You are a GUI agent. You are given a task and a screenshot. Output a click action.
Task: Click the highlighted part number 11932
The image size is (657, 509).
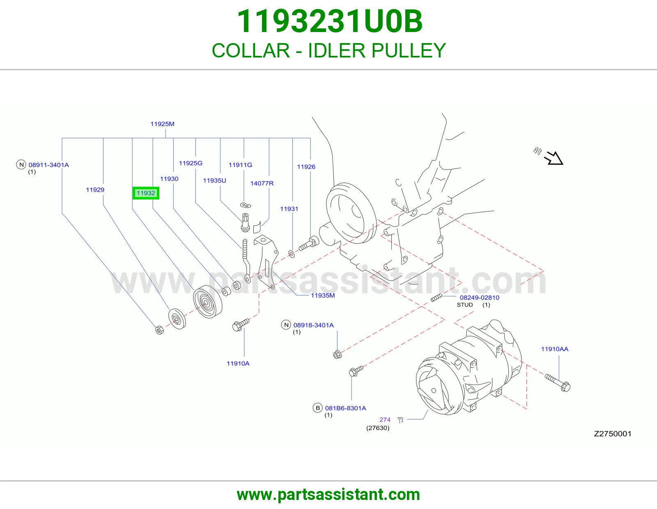tap(146, 193)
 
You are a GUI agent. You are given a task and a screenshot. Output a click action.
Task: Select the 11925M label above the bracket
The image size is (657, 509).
tap(162, 124)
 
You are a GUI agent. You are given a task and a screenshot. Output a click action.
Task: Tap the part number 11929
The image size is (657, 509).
tap(95, 190)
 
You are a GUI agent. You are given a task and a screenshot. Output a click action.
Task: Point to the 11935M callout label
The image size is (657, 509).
tap(323, 296)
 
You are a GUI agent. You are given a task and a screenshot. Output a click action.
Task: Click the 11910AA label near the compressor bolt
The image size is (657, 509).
tap(554, 349)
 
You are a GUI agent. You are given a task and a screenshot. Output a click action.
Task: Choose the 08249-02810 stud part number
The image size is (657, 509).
tap(480, 298)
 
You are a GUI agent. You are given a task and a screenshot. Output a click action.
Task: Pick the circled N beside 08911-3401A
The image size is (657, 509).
tap(21, 165)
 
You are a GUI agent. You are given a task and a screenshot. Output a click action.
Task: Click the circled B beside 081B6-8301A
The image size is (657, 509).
tap(317, 408)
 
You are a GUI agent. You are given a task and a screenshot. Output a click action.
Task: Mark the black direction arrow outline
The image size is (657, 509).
tap(554, 158)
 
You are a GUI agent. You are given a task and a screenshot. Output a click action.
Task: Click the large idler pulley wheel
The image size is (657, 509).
tap(207, 301)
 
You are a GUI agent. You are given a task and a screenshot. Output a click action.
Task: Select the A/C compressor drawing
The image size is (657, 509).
tap(469, 367)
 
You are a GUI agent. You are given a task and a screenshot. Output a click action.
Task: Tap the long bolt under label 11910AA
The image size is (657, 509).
tap(558, 383)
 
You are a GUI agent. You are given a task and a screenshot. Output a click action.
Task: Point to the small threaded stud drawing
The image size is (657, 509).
tap(436, 298)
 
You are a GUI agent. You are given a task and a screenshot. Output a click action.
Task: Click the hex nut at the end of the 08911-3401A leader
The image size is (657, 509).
tap(159, 330)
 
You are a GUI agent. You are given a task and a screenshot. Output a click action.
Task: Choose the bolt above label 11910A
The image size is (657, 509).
tap(241, 325)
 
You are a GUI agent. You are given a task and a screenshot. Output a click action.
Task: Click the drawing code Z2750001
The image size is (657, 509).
tap(613, 434)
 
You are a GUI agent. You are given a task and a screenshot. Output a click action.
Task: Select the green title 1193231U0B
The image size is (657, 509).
tap(330, 21)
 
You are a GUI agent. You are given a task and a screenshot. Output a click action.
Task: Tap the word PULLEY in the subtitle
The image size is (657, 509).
tap(409, 50)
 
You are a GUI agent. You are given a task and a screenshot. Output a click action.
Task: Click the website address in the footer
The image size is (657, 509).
tap(328, 495)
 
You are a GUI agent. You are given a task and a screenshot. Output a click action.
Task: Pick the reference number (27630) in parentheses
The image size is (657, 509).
tap(378, 428)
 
